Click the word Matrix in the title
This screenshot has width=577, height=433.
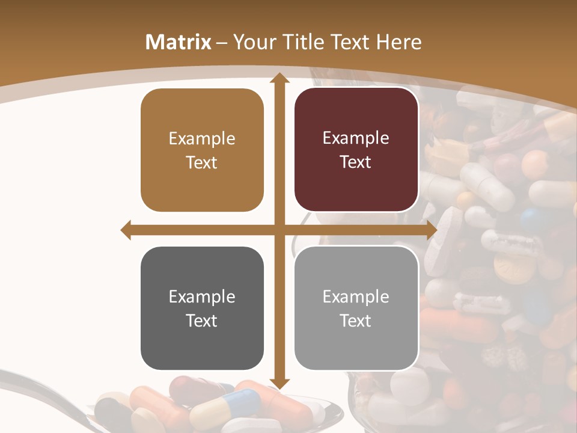[x=178, y=42]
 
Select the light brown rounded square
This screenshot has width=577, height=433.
[x=202, y=150]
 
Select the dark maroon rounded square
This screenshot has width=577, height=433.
[x=356, y=150]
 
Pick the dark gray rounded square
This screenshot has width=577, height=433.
[x=202, y=308]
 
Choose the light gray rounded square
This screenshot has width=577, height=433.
[x=356, y=308]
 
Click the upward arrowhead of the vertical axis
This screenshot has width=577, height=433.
[x=279, y=79]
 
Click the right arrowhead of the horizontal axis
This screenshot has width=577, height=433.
[x=431, y=230]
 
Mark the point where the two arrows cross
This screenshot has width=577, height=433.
[x=279, y=230]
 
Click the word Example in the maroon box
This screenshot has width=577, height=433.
[x=356, y=138]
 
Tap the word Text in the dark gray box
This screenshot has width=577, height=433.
[x=202, y=321]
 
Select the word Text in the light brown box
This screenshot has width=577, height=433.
[x=202, y=162]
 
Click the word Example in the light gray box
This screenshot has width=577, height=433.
[x=356, y=296]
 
